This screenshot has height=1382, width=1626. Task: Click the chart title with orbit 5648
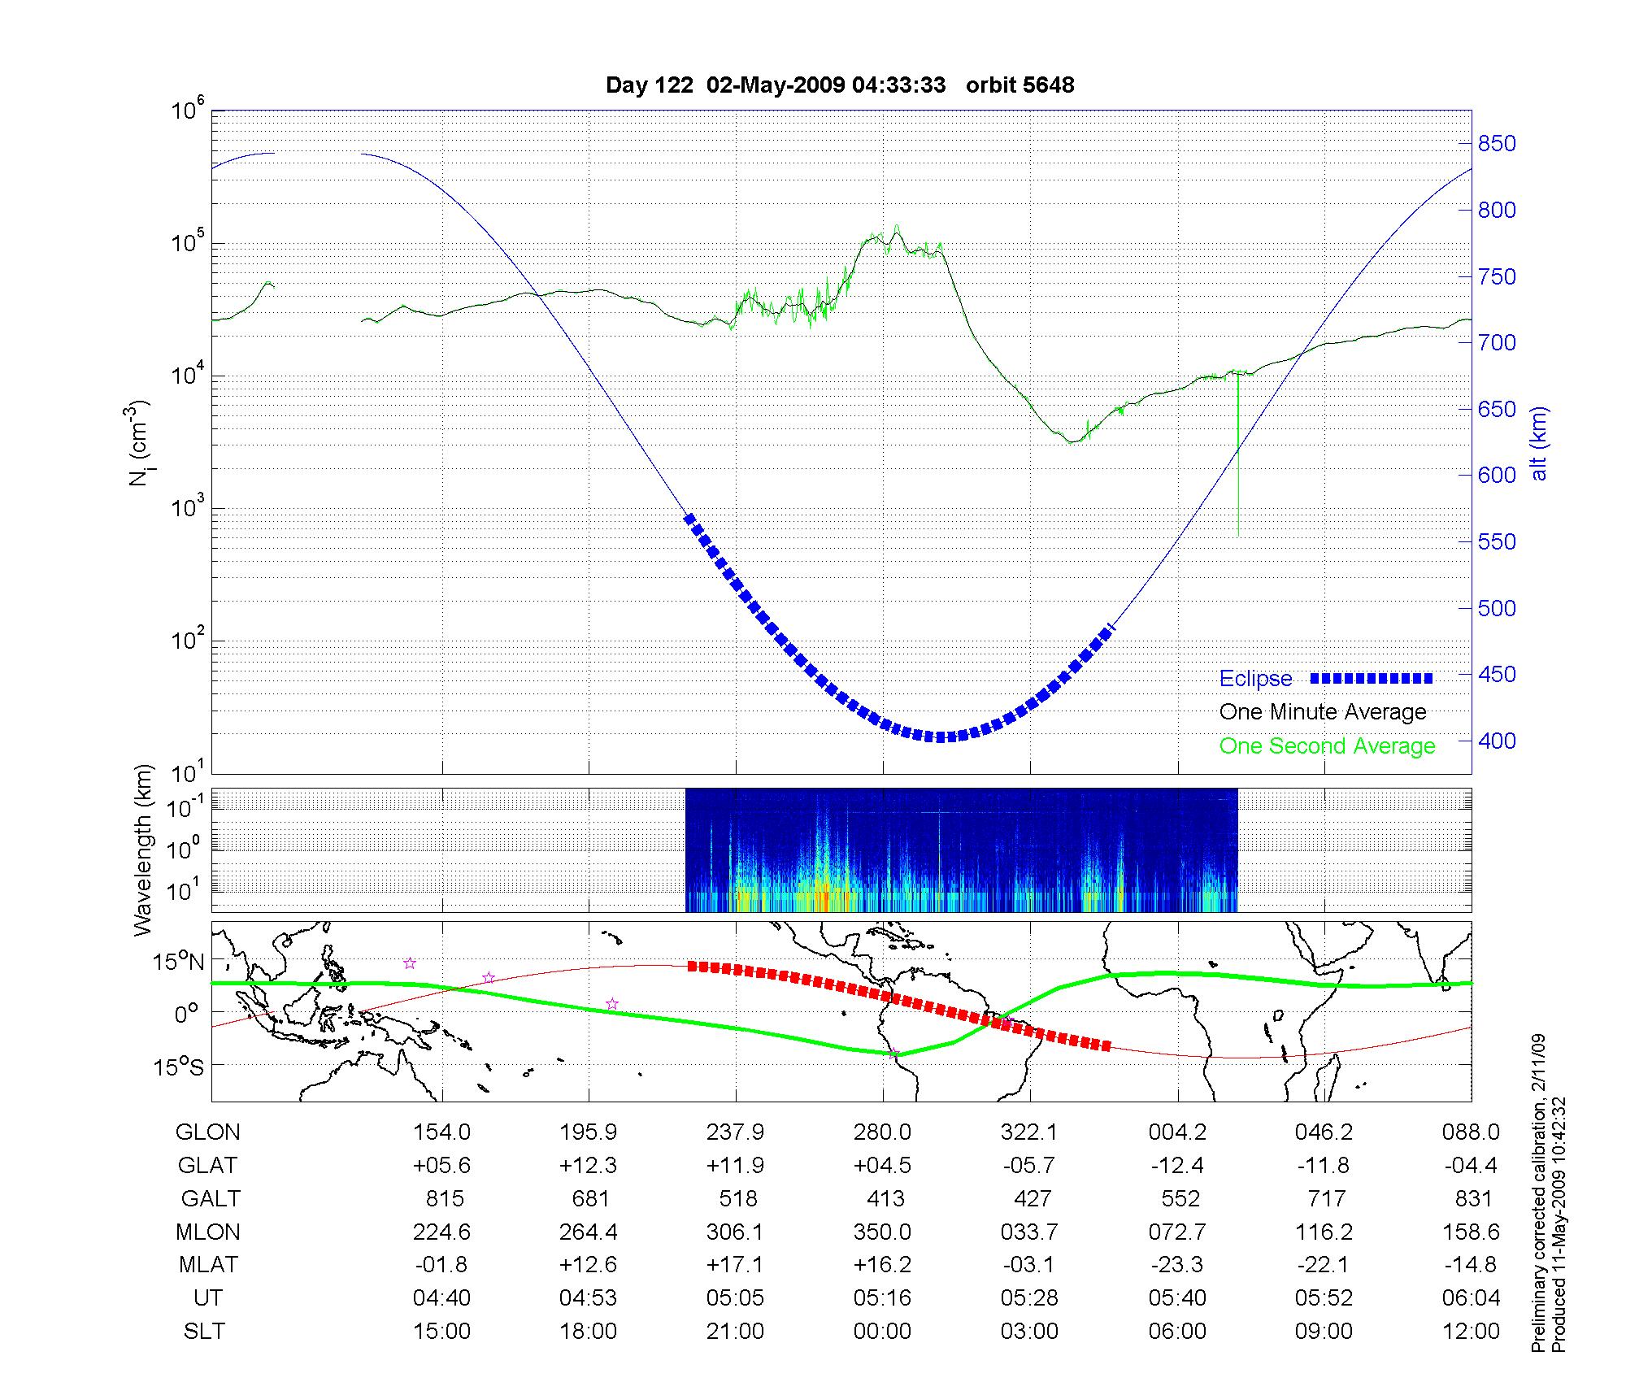coord(840,85)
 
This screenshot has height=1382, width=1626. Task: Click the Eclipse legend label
coord(1255,679)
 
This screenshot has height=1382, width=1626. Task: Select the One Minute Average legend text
coord(1323,712)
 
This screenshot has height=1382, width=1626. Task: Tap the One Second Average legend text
coord(1327,746)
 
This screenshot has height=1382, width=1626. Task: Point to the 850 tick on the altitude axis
coord(1497,144)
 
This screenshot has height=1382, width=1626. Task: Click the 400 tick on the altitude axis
coord(1497,741)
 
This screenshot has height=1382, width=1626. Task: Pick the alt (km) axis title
coord(1539,444)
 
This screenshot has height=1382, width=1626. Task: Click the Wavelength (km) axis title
coord(144,850)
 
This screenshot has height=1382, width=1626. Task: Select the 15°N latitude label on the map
coord(178,963)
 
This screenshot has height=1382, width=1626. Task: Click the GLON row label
coord(208,1132)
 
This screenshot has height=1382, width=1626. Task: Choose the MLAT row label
coord(208,1266)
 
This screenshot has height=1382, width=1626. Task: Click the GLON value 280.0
coord(883,1132)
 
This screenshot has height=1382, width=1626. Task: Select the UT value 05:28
coord(1029,1298)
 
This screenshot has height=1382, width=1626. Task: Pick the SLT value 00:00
coord(882,1332)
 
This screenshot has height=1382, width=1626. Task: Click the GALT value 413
coord(885,1199)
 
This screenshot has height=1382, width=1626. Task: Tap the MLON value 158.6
coord(1471,1232)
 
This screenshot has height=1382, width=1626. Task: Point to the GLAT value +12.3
coord(589,1166)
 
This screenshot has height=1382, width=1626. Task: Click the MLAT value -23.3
coord(1176,1266)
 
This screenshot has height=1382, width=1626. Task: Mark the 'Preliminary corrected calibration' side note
coord(1537,1194)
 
